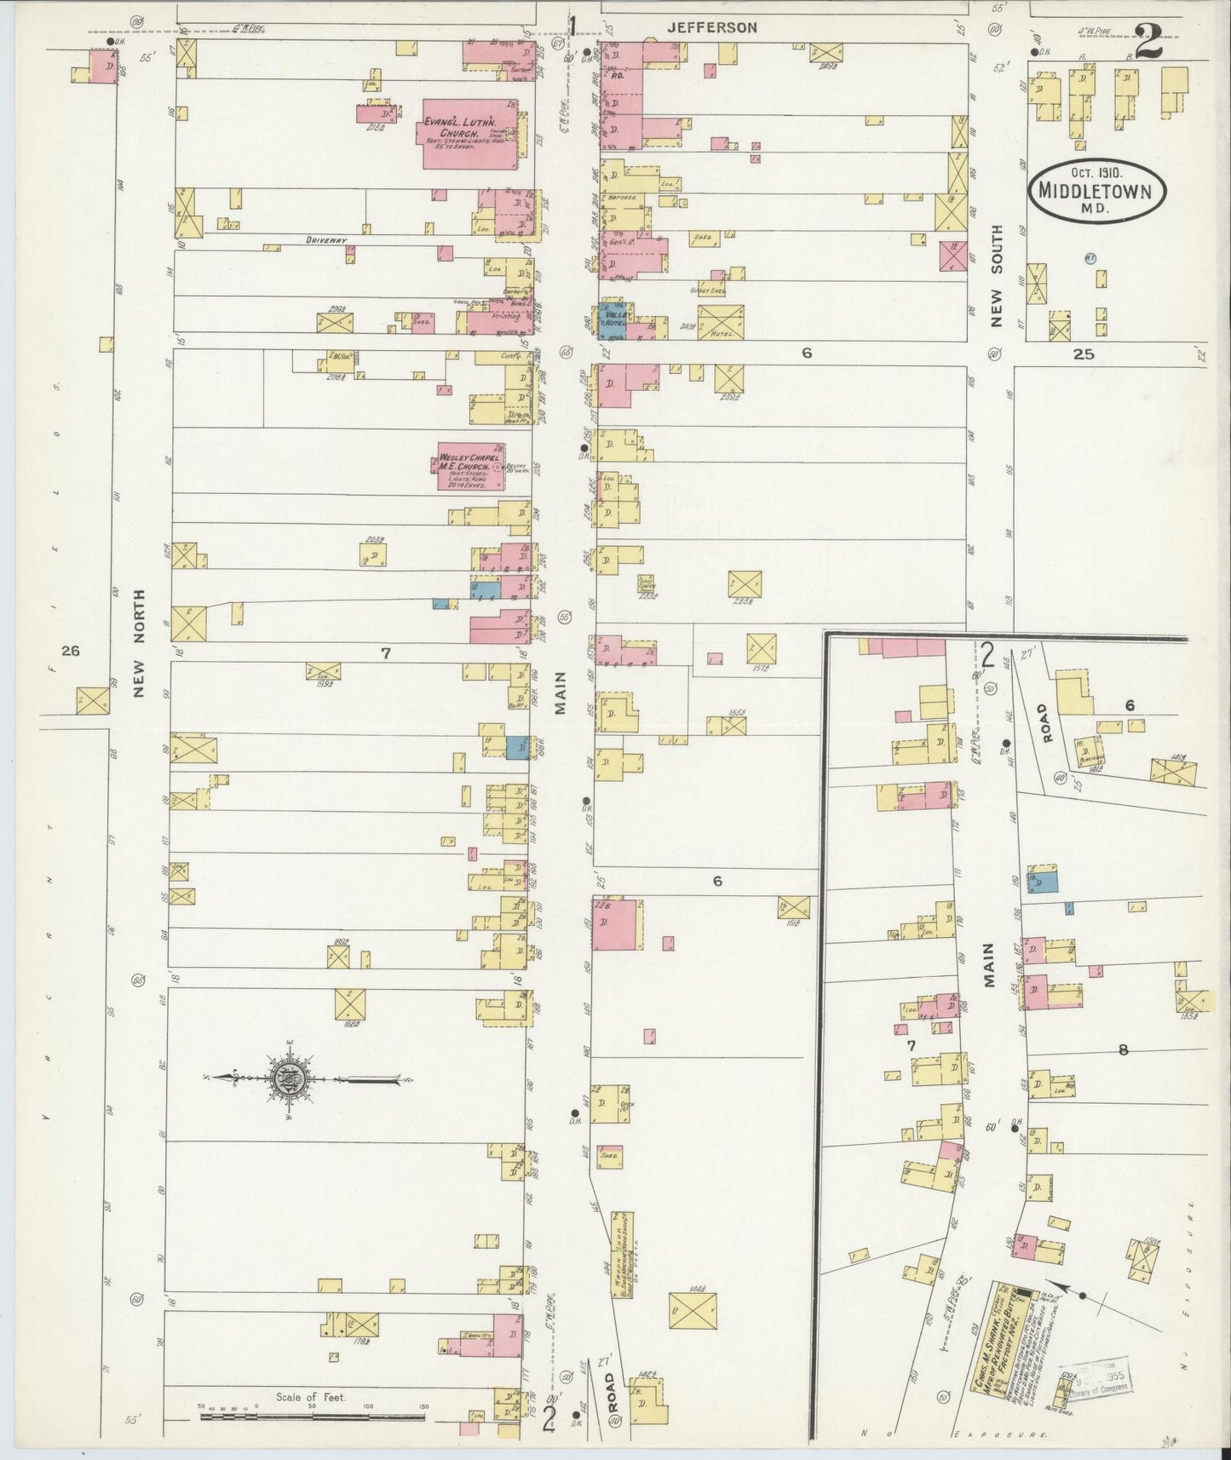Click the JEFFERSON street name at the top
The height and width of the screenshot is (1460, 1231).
(x=711, y=27)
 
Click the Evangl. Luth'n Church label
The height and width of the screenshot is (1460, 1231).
(x=461, y=128)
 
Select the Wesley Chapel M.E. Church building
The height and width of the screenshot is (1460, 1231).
(x=469, y=466)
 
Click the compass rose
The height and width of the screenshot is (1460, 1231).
(x=289, y=1079)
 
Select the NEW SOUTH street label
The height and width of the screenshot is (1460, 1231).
(x=997, y=268)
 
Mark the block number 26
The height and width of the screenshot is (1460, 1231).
(x=70, y=651)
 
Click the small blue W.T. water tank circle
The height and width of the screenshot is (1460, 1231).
(x=1089, y=257)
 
